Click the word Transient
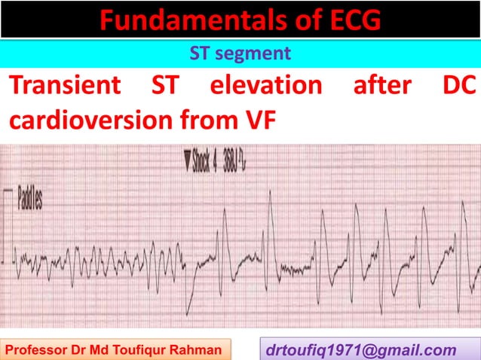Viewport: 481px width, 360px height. [x=65, y=85]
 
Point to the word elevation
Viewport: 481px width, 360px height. [x=265, y=85]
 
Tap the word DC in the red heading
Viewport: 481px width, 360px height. [x=459, y=85]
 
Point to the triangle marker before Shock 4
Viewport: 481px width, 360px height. [x=185, y=160]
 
